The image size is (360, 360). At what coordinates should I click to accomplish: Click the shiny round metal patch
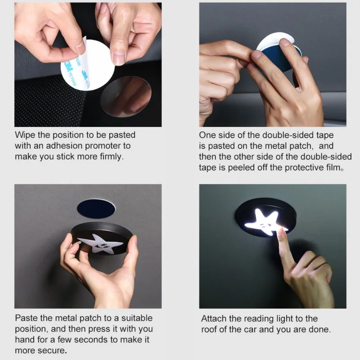coord(126,96)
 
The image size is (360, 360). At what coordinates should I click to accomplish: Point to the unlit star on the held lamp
coord(100,244)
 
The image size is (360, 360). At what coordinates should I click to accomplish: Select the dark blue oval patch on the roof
coord(96,208)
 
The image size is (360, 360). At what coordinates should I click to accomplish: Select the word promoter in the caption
coord(103,146)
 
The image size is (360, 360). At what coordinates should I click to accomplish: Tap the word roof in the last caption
coord(209,329)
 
